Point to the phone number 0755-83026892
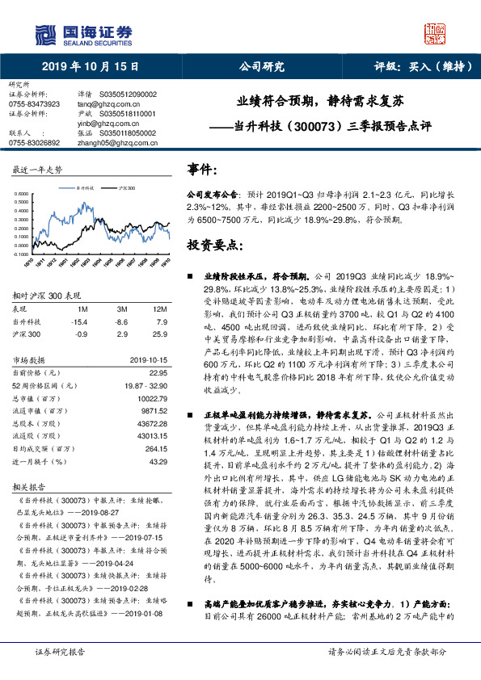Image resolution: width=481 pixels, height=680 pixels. pos(34,141)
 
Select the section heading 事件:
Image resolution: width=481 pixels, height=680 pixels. pos(202,169)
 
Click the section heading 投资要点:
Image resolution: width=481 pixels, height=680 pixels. pos(213,244)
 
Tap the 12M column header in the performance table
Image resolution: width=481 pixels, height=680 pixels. pos(159,309)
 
